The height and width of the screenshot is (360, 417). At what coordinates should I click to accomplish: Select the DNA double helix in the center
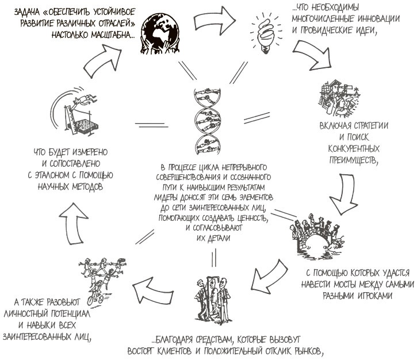pyautogui.click(x=208, y=121)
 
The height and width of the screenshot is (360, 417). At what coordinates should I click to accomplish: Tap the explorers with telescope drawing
pyautogui.click(x=339, y=98)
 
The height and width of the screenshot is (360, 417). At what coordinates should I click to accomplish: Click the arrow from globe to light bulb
pyautogui.click(x=215, y=20)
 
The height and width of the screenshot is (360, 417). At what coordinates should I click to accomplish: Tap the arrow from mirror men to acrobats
pyautogui.click(x=152, y=290)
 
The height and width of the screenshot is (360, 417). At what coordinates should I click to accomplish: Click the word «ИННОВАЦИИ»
pyautogui.click(x=378, y=19)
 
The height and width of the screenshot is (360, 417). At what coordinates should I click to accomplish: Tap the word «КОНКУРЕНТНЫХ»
pyautogui.click(x=353, y=148)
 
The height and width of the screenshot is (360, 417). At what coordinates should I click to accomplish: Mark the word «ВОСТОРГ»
pyautogui.click(x=141, y=351)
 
